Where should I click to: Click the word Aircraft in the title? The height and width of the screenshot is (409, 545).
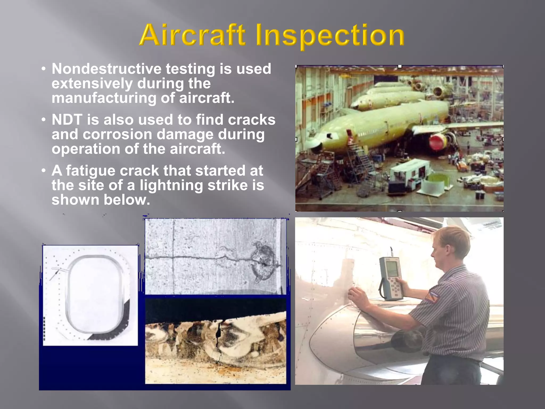pos(192,35)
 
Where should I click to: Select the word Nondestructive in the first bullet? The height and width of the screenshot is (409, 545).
pos(106,69)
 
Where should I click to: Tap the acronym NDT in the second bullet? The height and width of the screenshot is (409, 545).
pos(67,120)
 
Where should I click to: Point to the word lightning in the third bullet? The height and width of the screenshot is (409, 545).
pos(171,185)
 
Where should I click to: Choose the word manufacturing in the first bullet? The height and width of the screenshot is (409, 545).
pos(104,98)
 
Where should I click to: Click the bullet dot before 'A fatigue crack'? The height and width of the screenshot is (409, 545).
pos(44,170)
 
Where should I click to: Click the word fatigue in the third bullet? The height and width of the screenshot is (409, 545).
pos(90,170)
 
